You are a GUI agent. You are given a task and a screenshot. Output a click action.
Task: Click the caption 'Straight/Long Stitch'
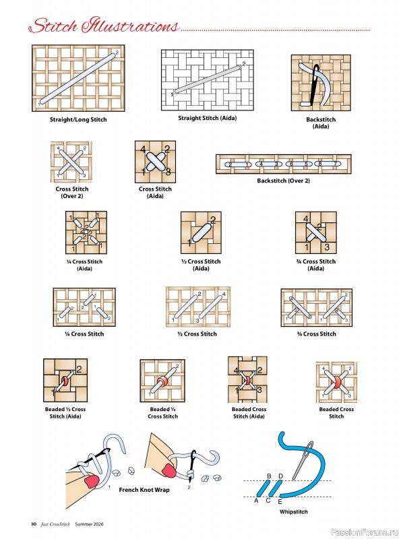pos(78,119)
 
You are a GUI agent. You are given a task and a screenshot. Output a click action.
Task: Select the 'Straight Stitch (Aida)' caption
pos(207,118)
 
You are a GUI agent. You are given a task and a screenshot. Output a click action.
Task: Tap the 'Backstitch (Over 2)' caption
pos(283,181)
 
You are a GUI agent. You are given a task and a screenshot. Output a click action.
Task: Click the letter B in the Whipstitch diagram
pos(269,476)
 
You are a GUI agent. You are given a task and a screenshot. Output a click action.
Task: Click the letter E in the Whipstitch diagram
pos(280,502)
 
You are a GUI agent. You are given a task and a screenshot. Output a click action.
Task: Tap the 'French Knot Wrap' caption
pos(144,490)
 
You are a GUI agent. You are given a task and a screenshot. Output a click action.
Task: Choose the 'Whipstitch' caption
pos(293,512)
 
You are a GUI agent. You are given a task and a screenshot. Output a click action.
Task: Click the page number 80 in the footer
pos(34,525)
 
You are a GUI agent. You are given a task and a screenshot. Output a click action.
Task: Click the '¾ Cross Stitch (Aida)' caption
pos(316,265)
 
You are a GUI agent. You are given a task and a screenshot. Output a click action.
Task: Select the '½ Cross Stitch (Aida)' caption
pos(201,265)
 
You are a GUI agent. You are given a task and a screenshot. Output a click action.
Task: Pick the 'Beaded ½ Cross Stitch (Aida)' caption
pos(66,412)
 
